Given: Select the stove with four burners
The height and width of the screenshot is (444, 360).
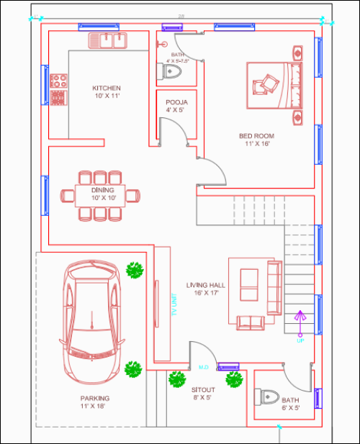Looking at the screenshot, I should point(58,89).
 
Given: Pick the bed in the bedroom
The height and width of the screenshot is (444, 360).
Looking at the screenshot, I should point(273,85).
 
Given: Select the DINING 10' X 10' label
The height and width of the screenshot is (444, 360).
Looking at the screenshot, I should point(103,194).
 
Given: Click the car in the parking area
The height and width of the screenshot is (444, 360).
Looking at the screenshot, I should point(91,320).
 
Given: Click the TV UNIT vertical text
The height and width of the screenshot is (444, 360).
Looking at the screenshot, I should point(174,304).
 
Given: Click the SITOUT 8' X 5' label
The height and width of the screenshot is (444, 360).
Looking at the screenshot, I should point(202,393).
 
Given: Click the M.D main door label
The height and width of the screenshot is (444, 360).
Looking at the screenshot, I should point(203,368).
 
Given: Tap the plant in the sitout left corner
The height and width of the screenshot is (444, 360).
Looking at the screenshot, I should point(176,379).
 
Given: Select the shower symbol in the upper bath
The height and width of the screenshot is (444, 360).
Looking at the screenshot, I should point(163,44).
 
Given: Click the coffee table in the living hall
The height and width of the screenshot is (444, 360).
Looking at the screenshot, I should point(248,286).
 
